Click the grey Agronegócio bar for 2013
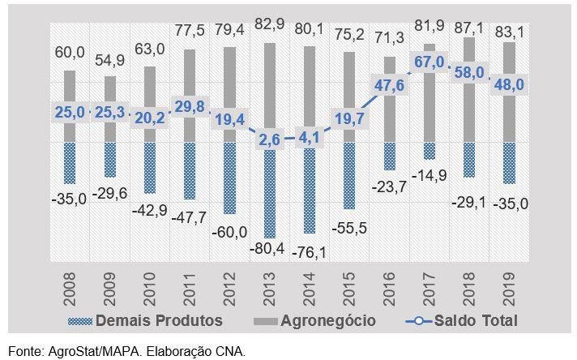268,81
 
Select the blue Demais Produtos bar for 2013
268,191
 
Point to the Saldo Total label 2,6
268,139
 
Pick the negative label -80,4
268,248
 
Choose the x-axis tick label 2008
70,285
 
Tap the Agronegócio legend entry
316,321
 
